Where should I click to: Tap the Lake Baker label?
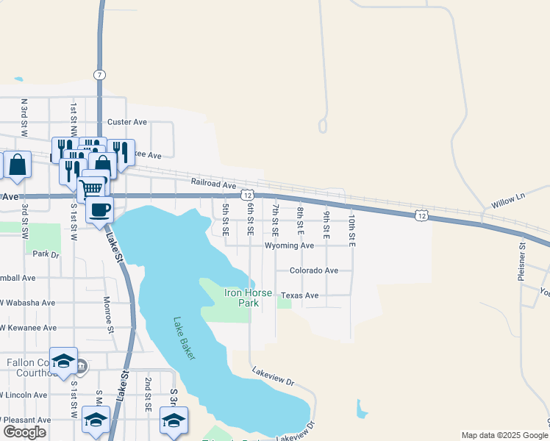(185, 338)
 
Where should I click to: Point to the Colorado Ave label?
(314, 270)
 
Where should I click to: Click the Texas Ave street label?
(300, 295)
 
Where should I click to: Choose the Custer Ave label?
(127, 122)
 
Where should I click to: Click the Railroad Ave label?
(213, 186)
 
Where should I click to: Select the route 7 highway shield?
(99, 75)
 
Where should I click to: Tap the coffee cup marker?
(99, 209)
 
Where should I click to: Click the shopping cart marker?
(90, 188)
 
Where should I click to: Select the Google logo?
(24, 432)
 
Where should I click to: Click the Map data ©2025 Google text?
(504, 435)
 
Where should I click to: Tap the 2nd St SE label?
(148, 394)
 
